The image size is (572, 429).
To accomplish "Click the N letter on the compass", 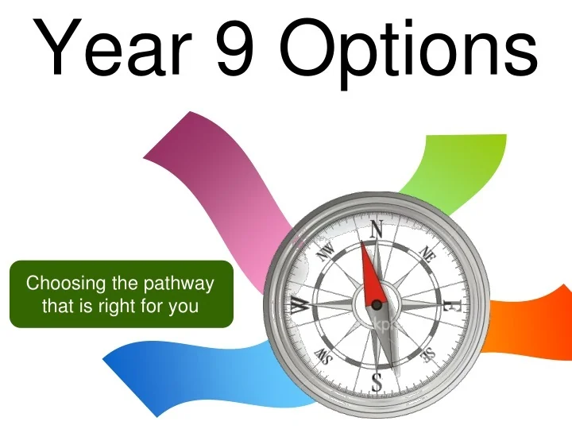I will tap(377, 230).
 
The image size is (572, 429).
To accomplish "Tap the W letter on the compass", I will tap(300, 305).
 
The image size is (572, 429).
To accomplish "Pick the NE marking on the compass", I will tap(427, 254).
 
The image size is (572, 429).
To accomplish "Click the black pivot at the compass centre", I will tap(377, 303).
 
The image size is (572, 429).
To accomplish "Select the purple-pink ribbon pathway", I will tap(214, 183).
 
